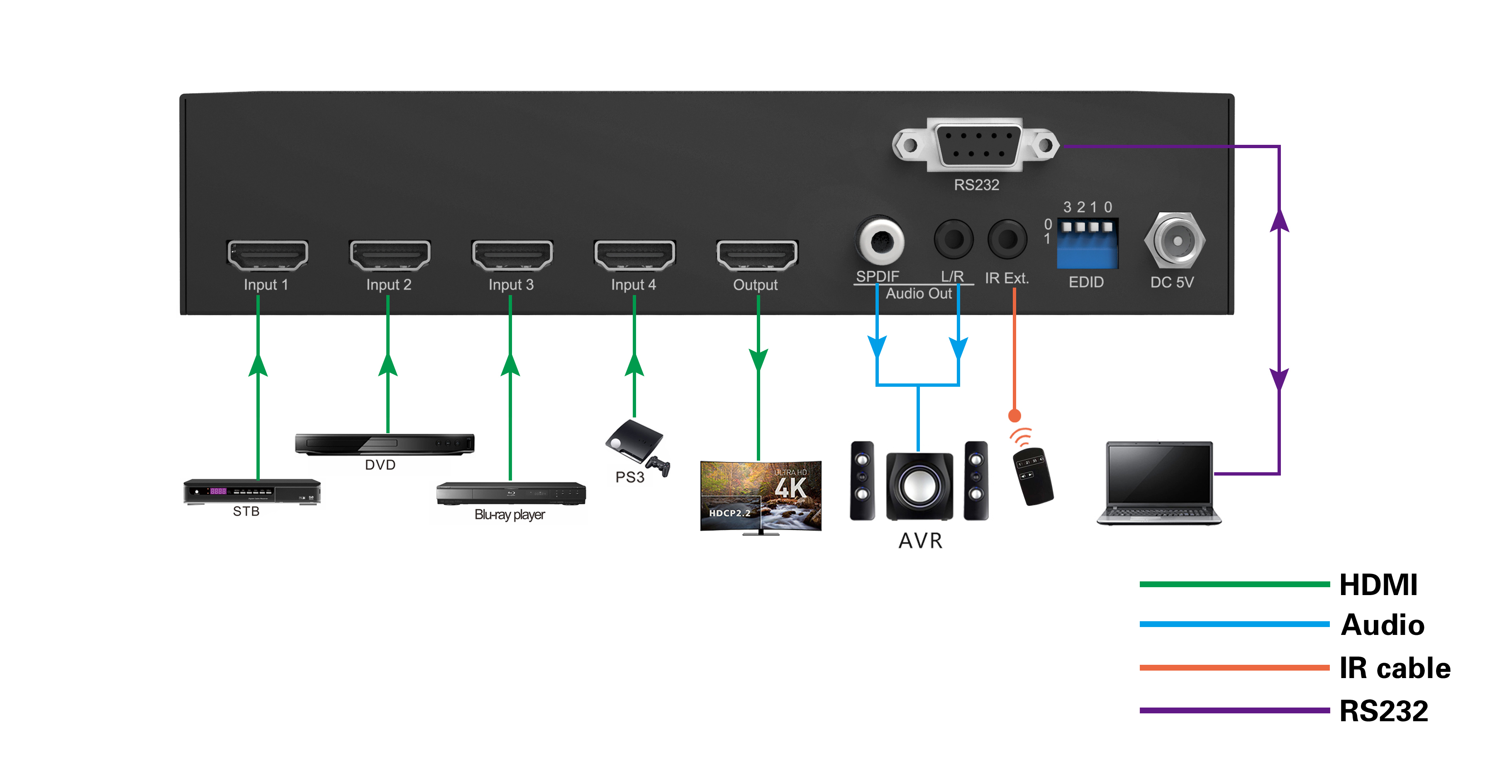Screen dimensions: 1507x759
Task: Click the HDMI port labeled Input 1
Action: click(267, 255)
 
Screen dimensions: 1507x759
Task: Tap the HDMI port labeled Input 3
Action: click(512, 255)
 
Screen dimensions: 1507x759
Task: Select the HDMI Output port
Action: click(757, 255)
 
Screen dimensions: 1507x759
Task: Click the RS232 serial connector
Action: click(976, 144)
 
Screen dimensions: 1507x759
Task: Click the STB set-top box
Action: click(252, 492)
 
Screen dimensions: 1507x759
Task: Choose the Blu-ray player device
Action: click(511, 493)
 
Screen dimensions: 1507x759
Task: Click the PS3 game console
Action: click(637, 447)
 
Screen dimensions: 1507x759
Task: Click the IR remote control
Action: click(1033, 475)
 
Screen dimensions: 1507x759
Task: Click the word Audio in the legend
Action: click(1383, 625)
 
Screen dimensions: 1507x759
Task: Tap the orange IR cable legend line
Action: click(1234, 668)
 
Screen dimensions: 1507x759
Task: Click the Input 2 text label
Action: click(388, 285)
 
